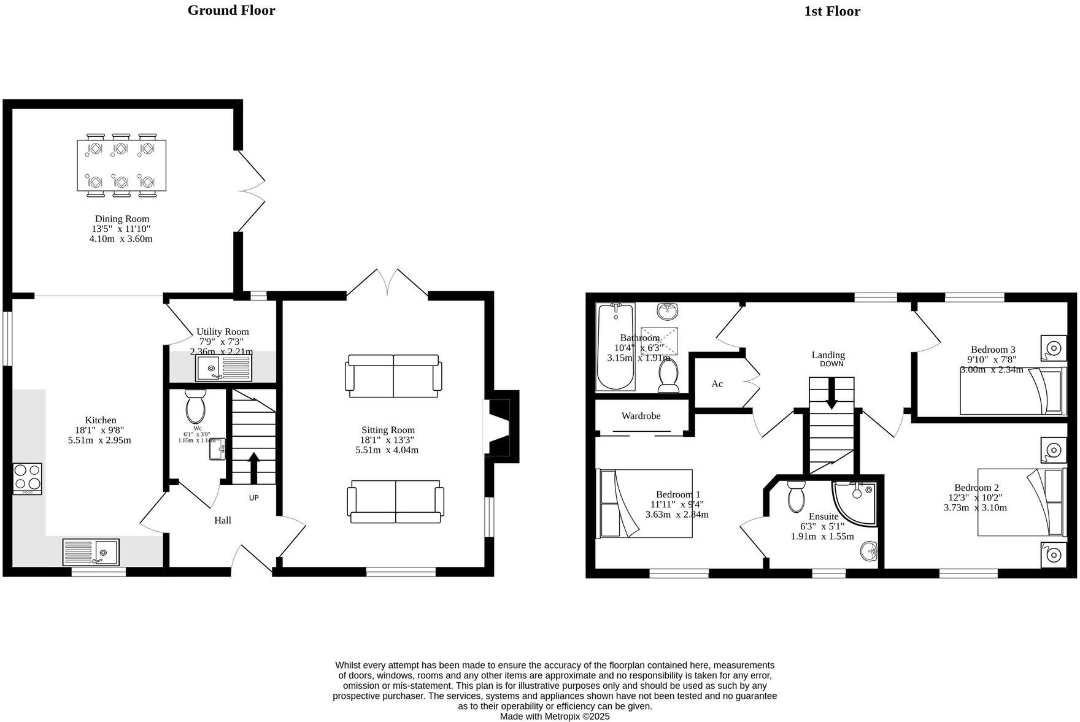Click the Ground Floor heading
point(231,10)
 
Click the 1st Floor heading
point(831,12)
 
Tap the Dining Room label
point(121,219)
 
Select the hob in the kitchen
point(28,478)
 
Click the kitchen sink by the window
point(91,551)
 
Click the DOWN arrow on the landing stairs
point(831,393)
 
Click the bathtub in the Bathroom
point(615,347)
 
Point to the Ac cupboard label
point(717,384)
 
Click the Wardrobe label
point(641,416)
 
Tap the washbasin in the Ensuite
point(870,551)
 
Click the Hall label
point(222,520)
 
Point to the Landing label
point(828,355)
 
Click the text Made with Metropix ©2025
point(554,716)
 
